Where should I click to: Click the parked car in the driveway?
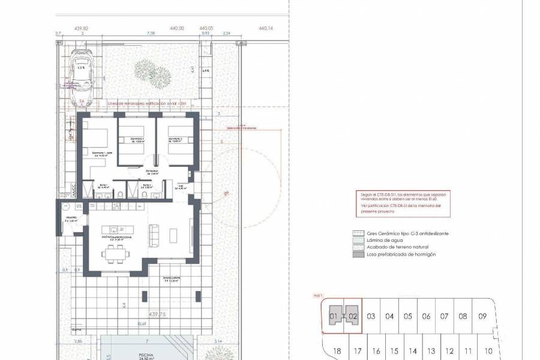[x=81, y=75]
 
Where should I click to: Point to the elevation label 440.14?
[x=265, y=28]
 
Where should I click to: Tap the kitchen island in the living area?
[x=118, y=229]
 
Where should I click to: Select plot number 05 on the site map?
[x=407, y=316]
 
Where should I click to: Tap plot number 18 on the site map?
[x=337, y=351]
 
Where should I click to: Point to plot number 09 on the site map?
[x=482, y=316]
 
